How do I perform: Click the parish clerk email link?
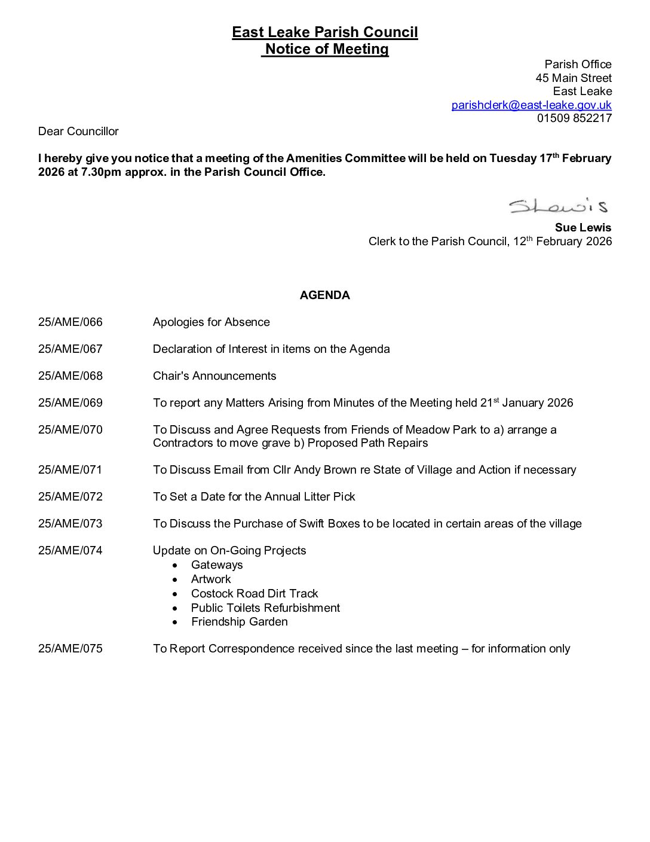[x=531, y=105]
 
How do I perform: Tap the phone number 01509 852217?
[x=574, y=118]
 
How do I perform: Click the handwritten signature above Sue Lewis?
[x=558, y=206]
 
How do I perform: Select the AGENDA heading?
[x=324, y=295]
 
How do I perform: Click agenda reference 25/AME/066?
[x=70, y=322]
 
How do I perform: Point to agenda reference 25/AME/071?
[x=70, y=470]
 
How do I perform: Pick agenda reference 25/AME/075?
[x=70, y=649]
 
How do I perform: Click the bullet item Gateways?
[x=217, y=565]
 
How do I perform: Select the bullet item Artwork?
[x=211, y=579]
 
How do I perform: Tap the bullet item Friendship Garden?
[x=239, y=622]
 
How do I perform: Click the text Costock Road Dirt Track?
[x=255, y=594]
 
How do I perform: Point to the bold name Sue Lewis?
[x=582, y=228]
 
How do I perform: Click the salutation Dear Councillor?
[x=78, y=132]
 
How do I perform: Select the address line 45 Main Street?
[x=574, y=78]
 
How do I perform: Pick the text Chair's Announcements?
[x=214, y=376]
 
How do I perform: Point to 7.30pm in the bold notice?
[x=101, y=172]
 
